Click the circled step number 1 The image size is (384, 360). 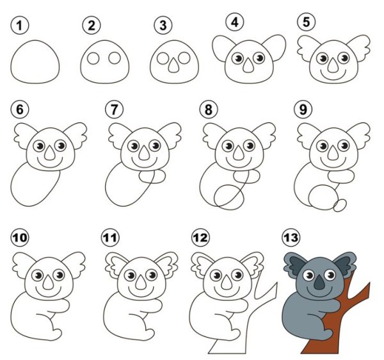[20, 26]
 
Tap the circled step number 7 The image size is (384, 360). [115, 110]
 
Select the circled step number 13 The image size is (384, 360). [291, 237]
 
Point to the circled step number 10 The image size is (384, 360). [20, 237]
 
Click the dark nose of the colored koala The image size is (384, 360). [319, 282]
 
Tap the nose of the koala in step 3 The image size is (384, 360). [173, 65]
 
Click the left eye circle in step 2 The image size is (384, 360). [93, 58]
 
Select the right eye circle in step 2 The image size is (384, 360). [115, 58]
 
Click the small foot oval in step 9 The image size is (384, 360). [340, 205]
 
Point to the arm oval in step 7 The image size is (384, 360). [152, 177]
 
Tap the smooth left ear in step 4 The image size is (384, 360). [221, 49]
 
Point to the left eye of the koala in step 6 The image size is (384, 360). [39, 146]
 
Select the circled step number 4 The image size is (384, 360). [235, 22]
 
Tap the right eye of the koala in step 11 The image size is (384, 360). [152, 275]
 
